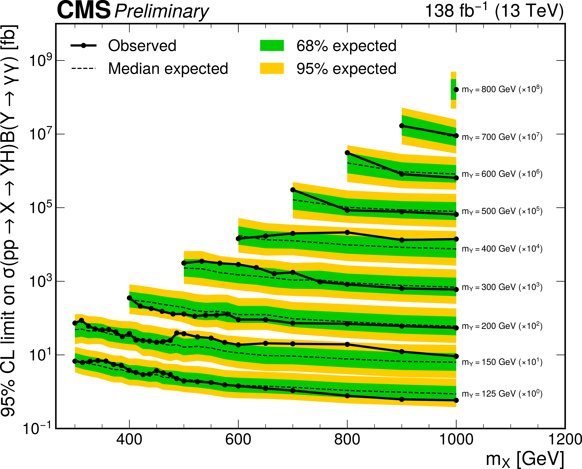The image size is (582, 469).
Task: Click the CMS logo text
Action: (84, 11)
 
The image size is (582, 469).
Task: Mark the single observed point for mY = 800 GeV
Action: (456, 89)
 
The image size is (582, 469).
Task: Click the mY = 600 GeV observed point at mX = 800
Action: (347, 153)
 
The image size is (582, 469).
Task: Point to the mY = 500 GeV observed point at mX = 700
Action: (293, 190)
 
